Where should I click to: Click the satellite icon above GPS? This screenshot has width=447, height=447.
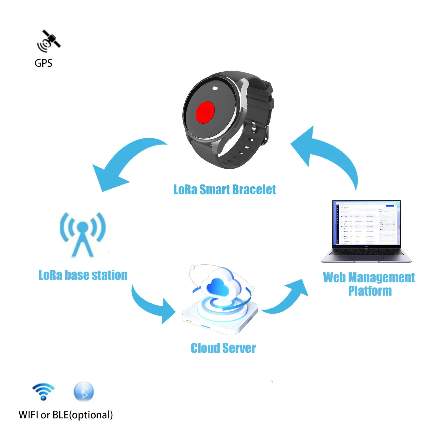click(48, 41)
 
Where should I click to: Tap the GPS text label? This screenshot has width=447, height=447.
click(43, 63)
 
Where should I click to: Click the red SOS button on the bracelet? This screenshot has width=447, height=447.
click(205, 112)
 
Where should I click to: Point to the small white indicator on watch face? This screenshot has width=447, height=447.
click(215, 88)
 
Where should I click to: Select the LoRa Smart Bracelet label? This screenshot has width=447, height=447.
click(224, 190)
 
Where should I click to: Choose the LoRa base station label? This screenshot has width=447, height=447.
click(83, 275)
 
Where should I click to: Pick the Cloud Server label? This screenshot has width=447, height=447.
click(223, 348)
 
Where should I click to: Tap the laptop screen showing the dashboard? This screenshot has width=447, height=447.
click(366, 223)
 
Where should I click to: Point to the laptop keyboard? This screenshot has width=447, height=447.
click(366, 253)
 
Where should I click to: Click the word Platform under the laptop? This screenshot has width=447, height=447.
click(370, 291)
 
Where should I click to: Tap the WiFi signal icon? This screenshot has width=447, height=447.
click(44, 391)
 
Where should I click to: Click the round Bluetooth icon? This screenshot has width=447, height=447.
click(84, 392)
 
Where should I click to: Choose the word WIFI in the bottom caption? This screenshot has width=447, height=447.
click(29, 415)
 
